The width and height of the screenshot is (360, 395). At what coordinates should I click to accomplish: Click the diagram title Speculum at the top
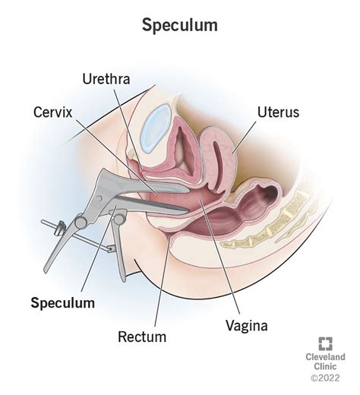point(179,26)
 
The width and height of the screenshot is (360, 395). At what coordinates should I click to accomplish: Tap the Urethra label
point(106,79)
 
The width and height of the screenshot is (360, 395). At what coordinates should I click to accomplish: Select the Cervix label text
point(53,112)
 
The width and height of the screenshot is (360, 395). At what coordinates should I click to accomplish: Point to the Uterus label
point(278,112)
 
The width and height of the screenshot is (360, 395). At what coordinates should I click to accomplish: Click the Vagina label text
point(247,326)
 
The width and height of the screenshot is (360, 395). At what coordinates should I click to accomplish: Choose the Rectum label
point(142,337)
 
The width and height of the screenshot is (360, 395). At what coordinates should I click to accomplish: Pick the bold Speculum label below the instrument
point(63,303)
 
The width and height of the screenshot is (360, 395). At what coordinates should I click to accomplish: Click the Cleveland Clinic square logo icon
point(326,343)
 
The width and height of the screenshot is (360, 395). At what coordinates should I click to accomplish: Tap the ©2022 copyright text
point(325,378)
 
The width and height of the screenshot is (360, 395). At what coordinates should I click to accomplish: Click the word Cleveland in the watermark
point(325,357)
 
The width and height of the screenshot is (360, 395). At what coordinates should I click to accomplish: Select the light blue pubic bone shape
point(157,128)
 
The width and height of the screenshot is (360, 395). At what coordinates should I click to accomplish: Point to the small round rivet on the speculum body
point(99,198)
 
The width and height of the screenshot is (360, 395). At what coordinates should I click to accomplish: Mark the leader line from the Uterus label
point(245,137)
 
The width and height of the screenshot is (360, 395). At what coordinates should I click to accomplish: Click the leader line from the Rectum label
point(163,280)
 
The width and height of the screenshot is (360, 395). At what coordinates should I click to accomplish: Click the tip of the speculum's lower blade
point(188,210)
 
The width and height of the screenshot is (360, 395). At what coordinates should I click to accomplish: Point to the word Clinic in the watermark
point(325,366)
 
